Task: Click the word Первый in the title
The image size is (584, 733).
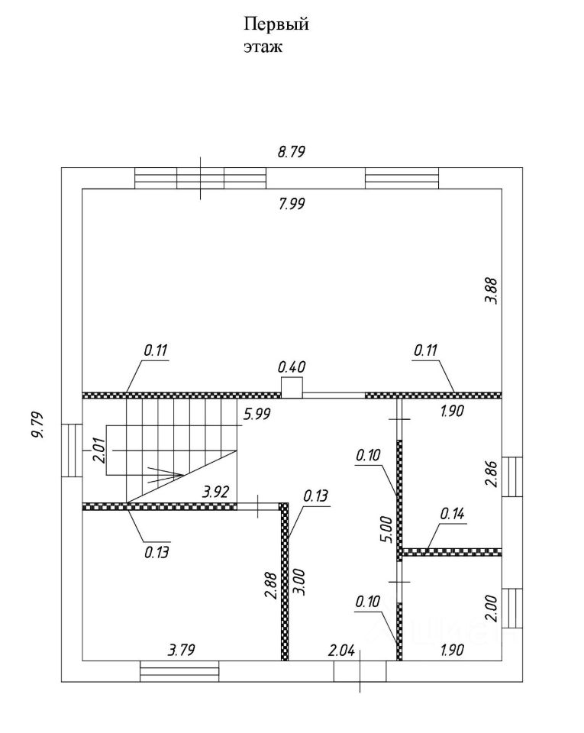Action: pos(276,25)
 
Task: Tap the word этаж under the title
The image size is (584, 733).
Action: pos(263,47)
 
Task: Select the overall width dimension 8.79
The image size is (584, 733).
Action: pos(291,151)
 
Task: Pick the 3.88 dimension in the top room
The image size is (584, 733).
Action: pos(492,291)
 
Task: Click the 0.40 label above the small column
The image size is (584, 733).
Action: pos(292,366)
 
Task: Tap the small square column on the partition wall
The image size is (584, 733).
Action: pos(292,389)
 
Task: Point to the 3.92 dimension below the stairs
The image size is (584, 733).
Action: pos(214,493)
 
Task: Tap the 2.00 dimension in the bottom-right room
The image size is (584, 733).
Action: pos(492,609)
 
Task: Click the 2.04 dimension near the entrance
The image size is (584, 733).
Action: pos(342,651)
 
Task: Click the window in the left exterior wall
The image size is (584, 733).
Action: pos(71,450)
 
